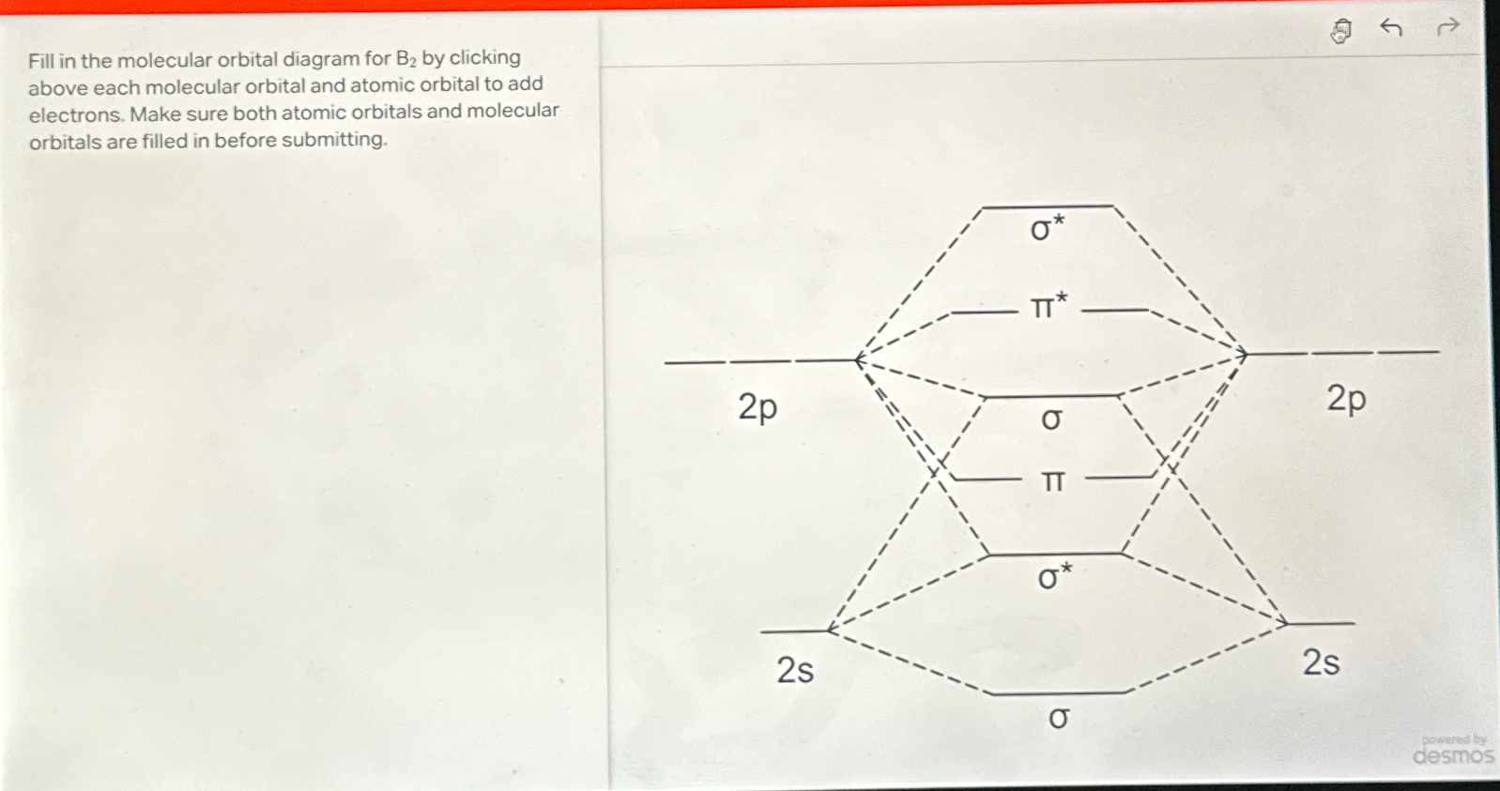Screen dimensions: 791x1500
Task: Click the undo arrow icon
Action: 1391,28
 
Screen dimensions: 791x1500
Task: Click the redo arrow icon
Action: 1448,26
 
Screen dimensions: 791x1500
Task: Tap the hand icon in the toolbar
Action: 1341,31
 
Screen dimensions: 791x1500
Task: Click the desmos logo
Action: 1452,754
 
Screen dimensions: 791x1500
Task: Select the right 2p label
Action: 1346,400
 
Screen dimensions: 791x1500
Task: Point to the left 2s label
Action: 795,670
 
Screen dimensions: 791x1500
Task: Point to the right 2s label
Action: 1321,662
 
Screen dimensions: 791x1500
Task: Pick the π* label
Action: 1048,306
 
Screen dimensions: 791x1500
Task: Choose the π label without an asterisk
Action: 1053,481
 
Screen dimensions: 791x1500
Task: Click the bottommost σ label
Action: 1059,719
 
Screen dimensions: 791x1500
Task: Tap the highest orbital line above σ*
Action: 1048,206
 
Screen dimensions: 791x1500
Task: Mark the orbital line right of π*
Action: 1115,310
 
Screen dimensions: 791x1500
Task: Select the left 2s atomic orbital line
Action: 794,631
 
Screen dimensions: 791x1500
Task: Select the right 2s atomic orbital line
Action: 1321,623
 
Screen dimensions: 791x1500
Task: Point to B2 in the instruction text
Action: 406,59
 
